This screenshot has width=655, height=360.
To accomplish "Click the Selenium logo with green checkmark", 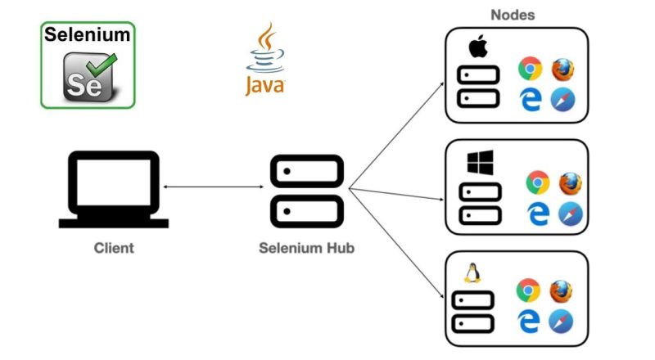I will [88, 65].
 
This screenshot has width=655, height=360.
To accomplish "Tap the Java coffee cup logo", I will [264, 60].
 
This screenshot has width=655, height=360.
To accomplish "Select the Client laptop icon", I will [114, 189].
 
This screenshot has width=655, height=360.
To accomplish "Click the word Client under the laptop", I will [114, 247].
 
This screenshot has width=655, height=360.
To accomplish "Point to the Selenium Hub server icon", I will [305, 190].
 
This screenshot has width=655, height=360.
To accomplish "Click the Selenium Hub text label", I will [306, 248].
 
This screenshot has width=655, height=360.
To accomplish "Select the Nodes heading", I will [513, 15].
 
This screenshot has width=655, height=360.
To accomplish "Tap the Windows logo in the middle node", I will [480, 162].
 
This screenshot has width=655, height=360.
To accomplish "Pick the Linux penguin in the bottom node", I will [472, 272].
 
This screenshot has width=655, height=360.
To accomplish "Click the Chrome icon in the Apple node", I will [530, 70].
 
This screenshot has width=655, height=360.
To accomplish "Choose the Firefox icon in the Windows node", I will [569, 182].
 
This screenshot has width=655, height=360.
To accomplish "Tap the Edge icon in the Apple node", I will [530, 100].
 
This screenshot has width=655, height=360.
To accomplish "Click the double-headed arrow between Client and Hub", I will [213, 188].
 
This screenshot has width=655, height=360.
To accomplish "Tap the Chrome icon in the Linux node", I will [528, 290].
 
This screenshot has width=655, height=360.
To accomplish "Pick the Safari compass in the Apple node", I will [562, 100].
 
